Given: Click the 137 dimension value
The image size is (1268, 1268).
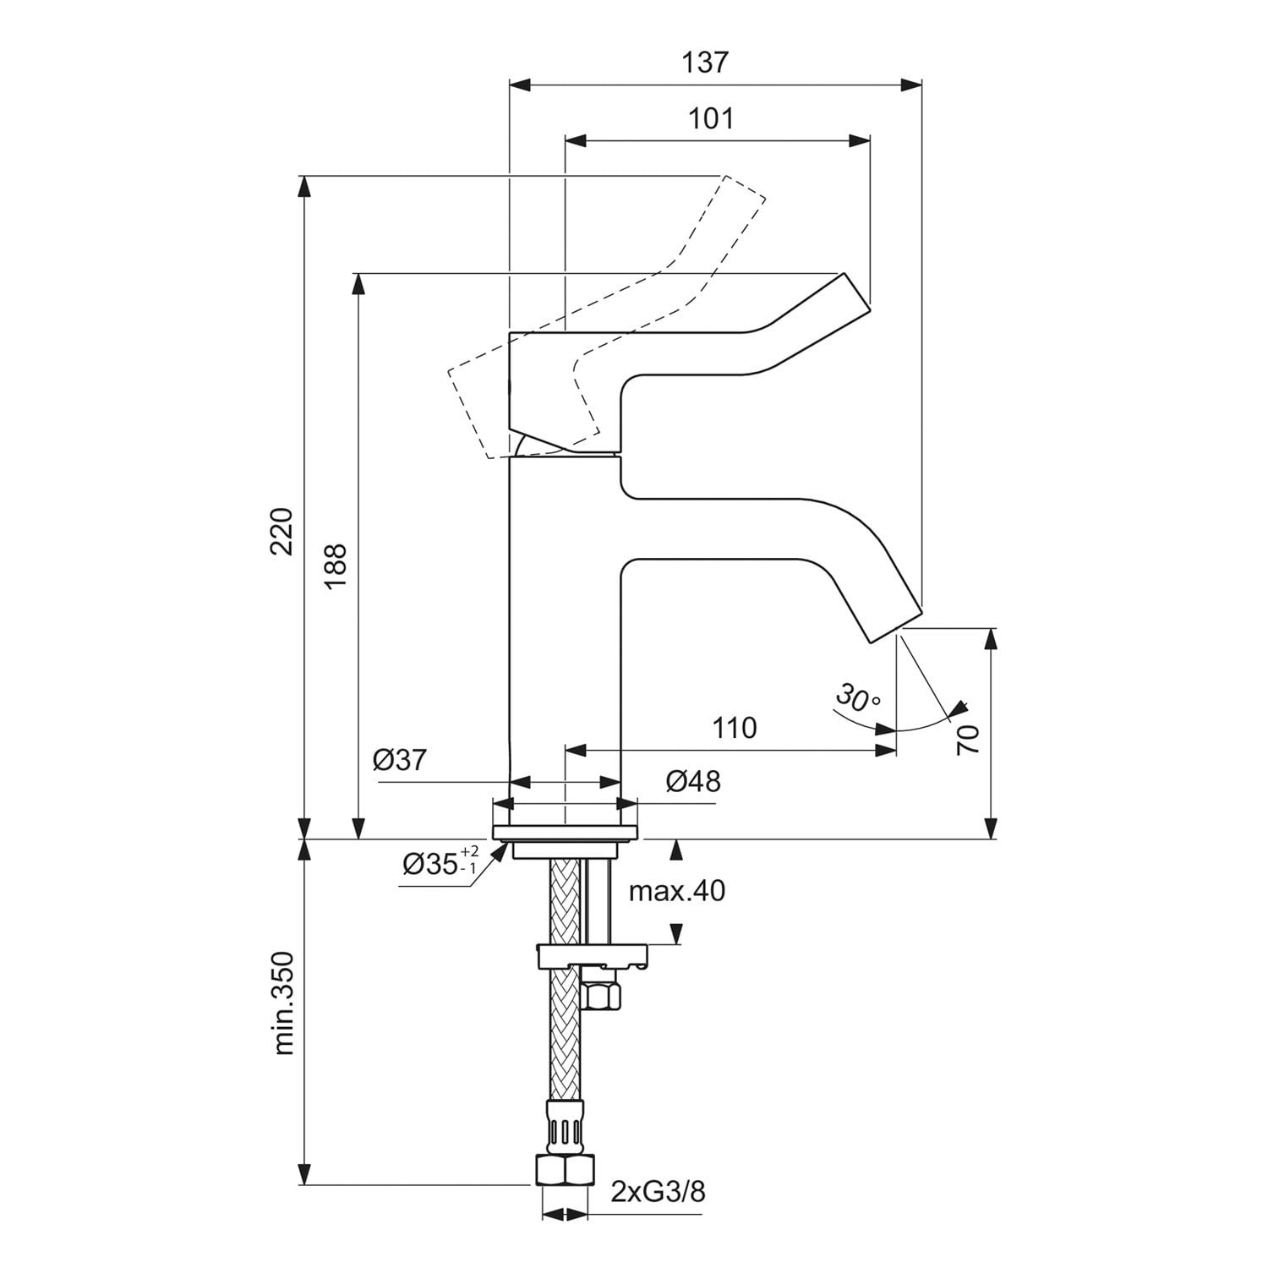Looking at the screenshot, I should tap(705, 62).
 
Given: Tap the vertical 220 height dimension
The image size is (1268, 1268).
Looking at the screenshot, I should tap(281, 531).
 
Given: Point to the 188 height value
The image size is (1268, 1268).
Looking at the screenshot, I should tap(336, 566).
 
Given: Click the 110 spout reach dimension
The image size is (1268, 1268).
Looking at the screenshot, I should tap(734, 728).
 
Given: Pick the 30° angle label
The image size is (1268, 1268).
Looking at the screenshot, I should tap(857, 697).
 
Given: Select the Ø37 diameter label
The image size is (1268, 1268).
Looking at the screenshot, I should tap(400, 760).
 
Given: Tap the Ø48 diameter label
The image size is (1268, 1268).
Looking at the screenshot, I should tap(693, 781).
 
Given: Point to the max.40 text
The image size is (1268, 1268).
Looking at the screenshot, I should tap(677, 890).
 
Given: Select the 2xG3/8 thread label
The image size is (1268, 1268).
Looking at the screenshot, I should tap(658, 1192).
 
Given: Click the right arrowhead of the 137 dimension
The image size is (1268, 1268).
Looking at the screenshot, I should tap(913, 85).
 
